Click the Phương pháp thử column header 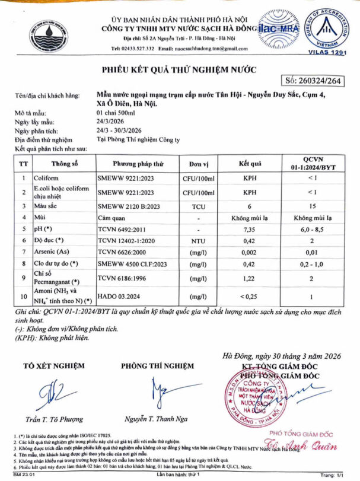138,163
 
